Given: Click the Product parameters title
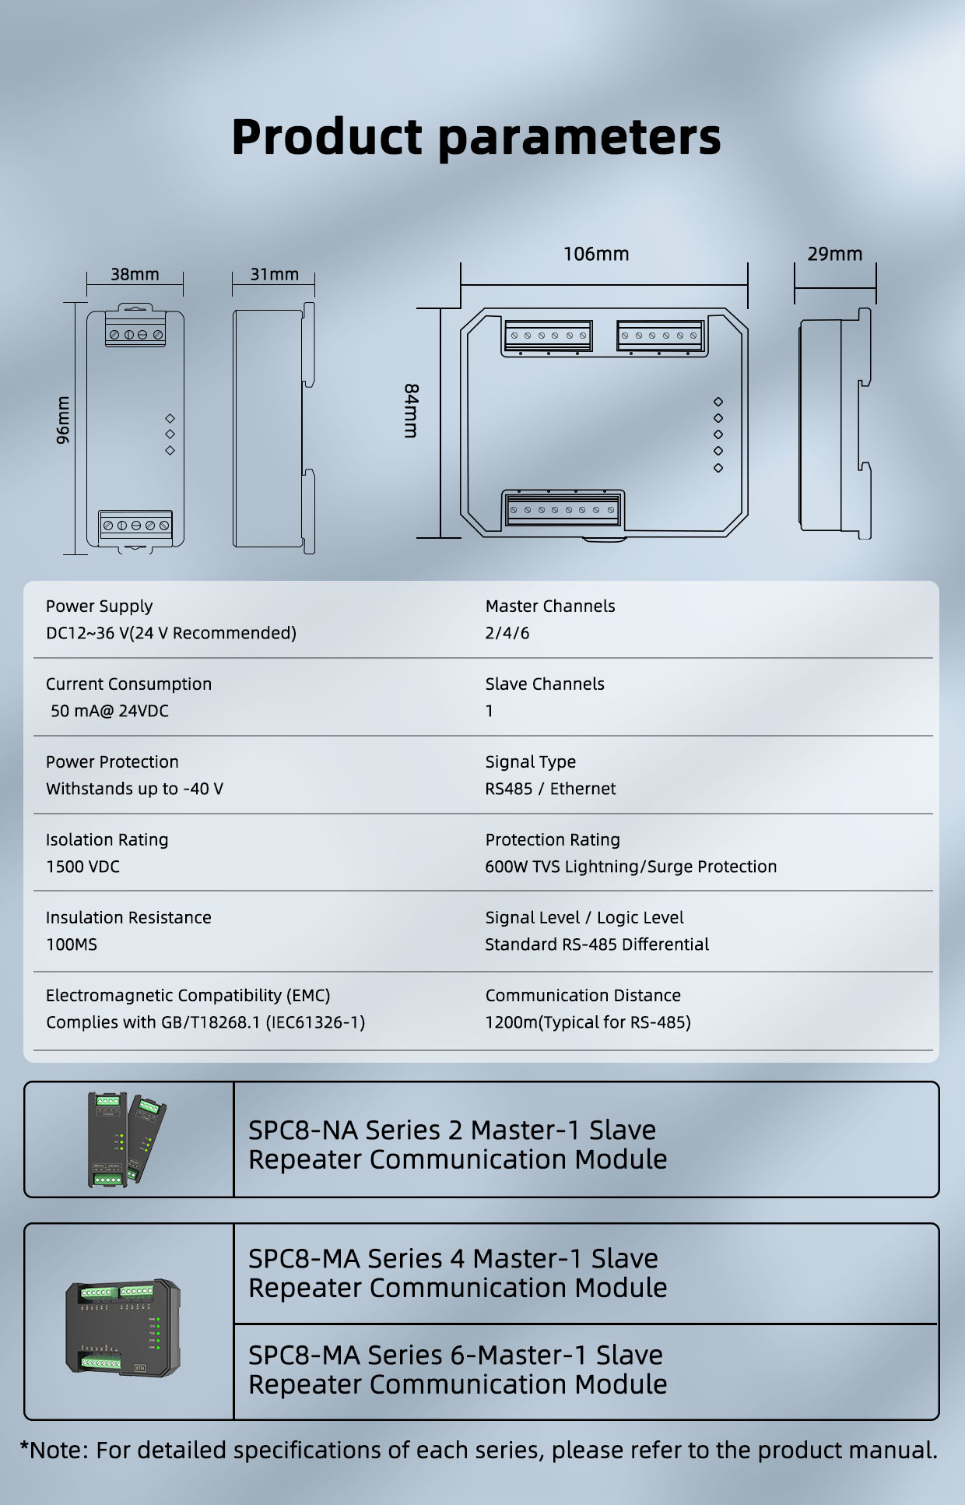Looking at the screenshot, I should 476,137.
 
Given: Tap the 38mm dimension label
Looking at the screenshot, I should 135,274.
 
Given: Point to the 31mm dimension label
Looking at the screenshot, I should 274,274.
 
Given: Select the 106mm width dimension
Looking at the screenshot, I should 596,254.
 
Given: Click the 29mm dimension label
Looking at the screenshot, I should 834,254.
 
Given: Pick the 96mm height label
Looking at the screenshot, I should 63,420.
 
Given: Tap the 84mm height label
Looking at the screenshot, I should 411,410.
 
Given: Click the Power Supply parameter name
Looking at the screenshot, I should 99,606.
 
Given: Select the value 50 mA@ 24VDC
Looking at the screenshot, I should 110,711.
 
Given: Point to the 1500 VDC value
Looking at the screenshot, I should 82,867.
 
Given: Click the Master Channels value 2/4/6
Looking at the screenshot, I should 507,633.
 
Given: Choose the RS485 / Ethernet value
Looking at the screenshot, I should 550,789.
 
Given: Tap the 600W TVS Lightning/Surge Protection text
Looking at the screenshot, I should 630,867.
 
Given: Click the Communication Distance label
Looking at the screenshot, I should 583,995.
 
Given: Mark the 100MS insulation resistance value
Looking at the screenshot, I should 72,944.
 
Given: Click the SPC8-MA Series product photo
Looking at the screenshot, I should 124,1327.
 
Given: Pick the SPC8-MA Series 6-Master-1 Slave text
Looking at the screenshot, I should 455,1356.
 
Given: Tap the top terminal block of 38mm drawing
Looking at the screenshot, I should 135,332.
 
